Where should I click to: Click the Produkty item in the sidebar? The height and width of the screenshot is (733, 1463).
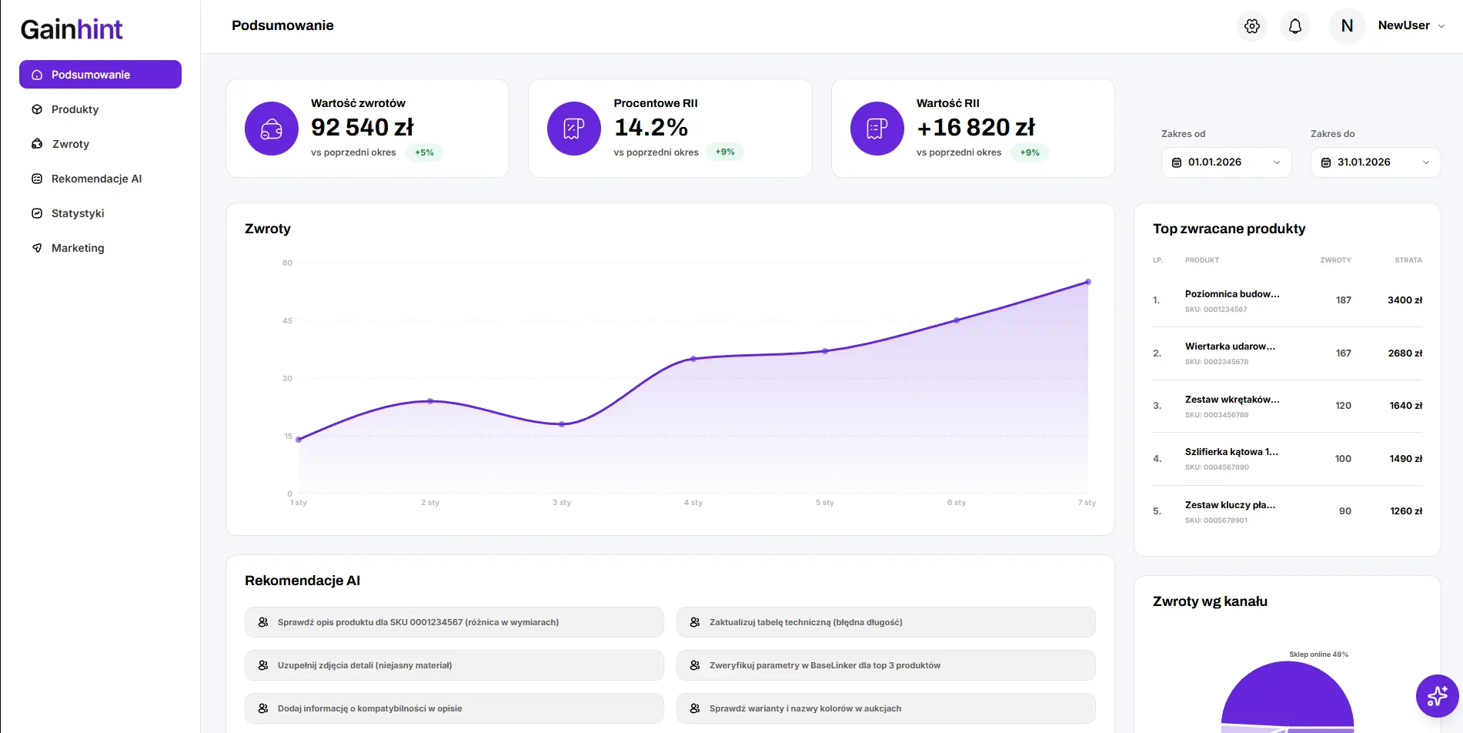[x=75, y=109]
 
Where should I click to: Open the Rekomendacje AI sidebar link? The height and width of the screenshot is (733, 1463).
[x=96, y=179]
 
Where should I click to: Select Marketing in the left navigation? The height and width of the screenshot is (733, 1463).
[x=77, y=248]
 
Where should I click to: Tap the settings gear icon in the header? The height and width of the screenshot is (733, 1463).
[x=1252, y=26]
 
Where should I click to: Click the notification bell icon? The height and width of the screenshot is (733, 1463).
[x=1295, y=26]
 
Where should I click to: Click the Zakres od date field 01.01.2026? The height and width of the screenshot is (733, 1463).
[x=1225, y=162]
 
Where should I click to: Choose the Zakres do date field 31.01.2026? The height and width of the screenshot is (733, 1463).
[x=1374, y=162]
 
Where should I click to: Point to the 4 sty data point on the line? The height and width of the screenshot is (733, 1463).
[x=693, y=359]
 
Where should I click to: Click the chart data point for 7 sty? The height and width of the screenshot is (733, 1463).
[x=1087, y=282]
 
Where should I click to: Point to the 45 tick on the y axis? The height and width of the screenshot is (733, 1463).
[x=287, y=320]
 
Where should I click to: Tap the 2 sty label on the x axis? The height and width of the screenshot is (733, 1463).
[x=430, y=503]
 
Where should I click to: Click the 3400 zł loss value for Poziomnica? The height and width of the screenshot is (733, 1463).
[x=1405, y=300]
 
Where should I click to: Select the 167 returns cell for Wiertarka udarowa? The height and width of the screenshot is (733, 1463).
[x=1343, y=353]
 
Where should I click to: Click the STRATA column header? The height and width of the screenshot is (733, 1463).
[x=1408, y=260]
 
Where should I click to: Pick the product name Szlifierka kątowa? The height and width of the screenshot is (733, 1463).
[x=1231, y=452]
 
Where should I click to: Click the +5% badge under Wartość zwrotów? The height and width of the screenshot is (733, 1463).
[x=424, y=152]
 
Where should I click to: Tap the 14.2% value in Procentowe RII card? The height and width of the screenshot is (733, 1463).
[x=651, y=127]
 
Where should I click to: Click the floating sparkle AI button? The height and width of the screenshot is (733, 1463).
[x=1437, y=696]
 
